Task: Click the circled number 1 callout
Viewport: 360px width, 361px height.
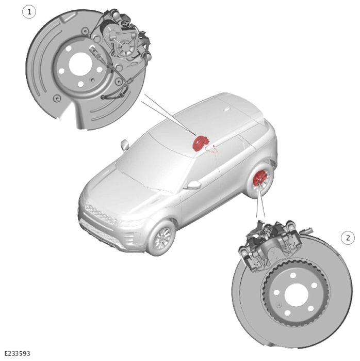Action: click(x=29, y=12)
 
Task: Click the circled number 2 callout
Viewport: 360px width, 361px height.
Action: click(x=348, y=238)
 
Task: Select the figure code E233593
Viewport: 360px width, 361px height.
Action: click(x=17, y=353)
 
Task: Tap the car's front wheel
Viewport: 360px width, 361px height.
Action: click(x=162, y=238)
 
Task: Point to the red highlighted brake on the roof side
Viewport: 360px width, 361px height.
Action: click(x=201, y=143)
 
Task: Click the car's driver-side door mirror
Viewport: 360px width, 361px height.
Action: click(x=193, y=185)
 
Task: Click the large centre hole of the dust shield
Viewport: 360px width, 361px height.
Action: click(x=80, y=64)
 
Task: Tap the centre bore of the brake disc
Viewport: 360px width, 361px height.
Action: click(x=296, y=295)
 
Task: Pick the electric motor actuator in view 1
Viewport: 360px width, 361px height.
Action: click(x=122, y=42)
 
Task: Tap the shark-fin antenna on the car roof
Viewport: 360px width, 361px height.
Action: click(x=227, y=108)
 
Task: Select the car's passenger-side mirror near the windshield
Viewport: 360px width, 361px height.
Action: click(x=125, y=145)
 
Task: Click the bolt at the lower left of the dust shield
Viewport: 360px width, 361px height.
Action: click(x=57, y=99)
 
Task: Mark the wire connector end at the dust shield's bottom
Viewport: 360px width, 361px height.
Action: click(x=103, y=98)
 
